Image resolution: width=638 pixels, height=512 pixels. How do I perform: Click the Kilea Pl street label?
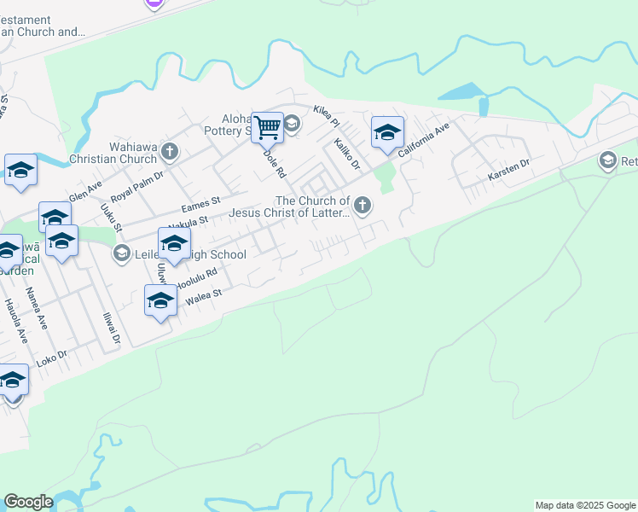[327, 112]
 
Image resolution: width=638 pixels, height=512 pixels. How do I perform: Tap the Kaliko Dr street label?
[347, 153]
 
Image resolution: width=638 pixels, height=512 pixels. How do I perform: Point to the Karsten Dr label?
[508, 168]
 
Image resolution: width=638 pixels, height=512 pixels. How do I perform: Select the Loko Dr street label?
[52, 358]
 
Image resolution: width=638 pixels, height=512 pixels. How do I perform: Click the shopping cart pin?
[268, 129]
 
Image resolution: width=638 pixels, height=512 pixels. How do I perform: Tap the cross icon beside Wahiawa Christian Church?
[170, 152]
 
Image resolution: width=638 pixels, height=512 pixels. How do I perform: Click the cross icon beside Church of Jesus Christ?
[362, 204]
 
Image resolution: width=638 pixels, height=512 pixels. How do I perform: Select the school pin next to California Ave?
[387, 133]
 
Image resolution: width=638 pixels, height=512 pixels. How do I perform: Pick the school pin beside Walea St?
[160, 301]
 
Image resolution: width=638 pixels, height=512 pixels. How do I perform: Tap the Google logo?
[28, 502]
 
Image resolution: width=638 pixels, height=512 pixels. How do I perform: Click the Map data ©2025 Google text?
[586, 505]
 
